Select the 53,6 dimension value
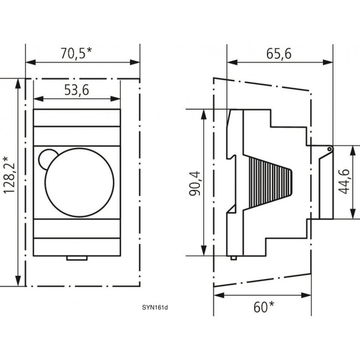tap(76, 90)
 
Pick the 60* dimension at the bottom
tap(263, 306)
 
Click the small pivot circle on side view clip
tap(329, 148)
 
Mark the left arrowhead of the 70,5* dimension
tap(29, 62)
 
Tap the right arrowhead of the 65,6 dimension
tap(330, 62)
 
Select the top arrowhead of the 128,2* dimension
tap(20, 82)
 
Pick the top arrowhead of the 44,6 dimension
tap(352, 149)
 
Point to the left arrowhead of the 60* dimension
tap(217, 297)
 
